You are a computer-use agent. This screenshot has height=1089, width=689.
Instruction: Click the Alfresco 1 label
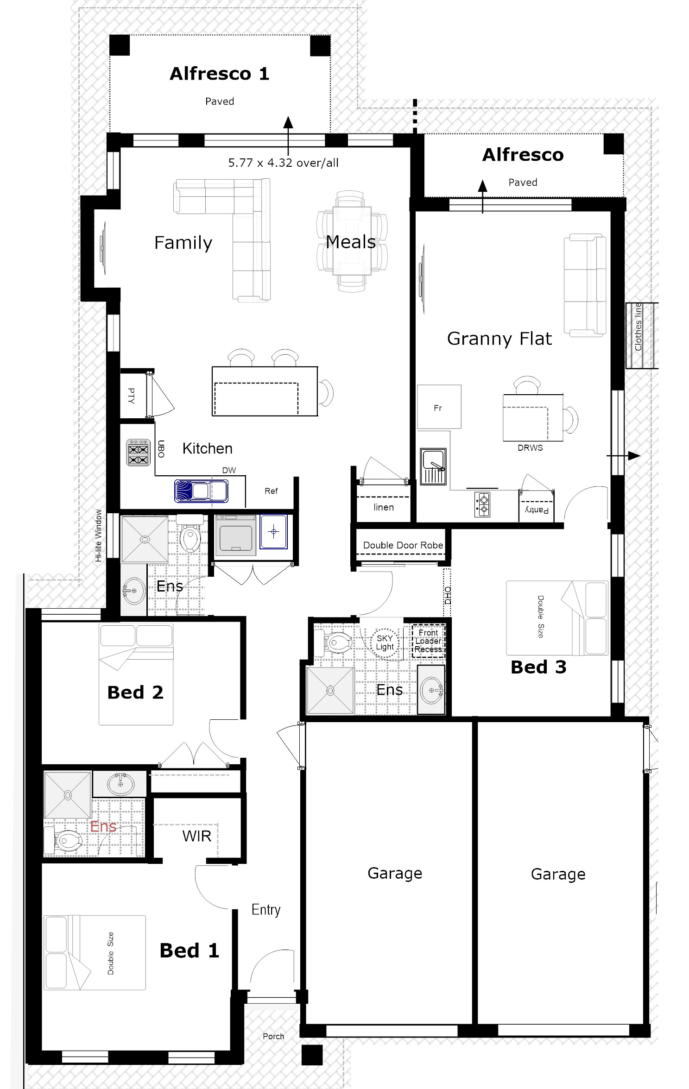[219, 74]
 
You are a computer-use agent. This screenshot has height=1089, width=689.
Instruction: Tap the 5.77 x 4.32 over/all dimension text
[283, 163]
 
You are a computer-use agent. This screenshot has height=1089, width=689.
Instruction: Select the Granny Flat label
[499, 339]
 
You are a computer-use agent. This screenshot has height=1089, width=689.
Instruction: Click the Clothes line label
[638, 327]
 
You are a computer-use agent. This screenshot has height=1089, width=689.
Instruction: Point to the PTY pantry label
[131, 396]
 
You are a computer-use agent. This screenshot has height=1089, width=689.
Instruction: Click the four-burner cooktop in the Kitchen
[139, 452]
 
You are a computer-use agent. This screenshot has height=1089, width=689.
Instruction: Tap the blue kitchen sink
[201, 491]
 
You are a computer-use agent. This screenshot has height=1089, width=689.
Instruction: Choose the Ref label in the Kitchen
[271, 491]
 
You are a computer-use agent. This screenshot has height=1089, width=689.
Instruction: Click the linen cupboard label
[384, 507]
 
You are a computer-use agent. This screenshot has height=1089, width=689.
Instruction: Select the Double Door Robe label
[403, 545]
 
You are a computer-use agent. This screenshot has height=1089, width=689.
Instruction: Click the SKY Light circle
[385, 642]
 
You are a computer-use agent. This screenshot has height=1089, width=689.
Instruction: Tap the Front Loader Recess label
[428, 641]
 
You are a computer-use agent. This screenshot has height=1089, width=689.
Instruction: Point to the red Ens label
[103, 826]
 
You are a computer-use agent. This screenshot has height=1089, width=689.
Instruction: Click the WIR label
[197, 836]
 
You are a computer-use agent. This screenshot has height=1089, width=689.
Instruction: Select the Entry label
[266, 910]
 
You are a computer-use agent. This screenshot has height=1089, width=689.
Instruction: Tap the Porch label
[273, 1036]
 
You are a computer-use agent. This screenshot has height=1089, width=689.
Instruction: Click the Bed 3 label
[538, 667]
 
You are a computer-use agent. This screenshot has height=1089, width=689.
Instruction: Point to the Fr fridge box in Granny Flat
[439, 407]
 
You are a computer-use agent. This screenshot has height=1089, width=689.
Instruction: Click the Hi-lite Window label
[98, 535]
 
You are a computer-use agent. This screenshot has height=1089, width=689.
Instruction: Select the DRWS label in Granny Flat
[530, 448]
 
